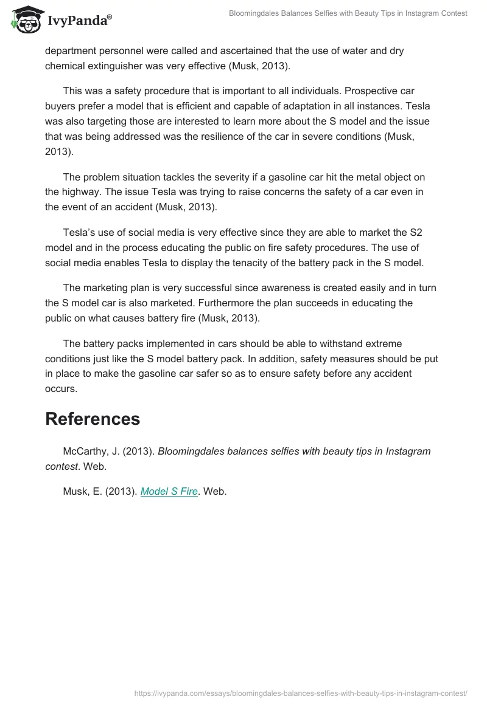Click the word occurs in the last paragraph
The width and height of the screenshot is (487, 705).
point(60,388)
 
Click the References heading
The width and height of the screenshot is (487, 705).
point(93,419)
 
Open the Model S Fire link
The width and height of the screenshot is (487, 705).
point(169,492)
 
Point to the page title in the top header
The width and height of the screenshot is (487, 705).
point(347,13)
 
